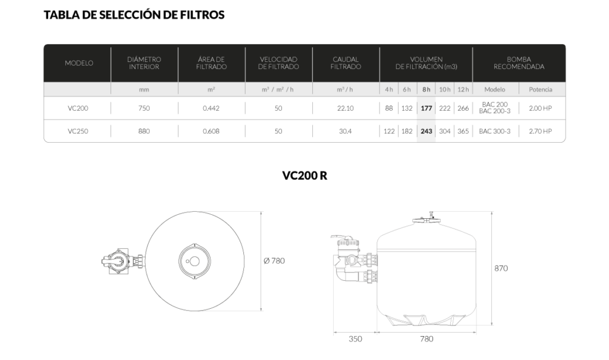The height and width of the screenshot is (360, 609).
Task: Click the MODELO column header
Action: (x=79, y=63)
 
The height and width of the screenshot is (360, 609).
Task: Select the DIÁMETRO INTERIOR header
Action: (x=144, y=63)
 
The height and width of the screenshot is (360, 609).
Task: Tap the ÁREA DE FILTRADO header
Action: (x=211, y=63)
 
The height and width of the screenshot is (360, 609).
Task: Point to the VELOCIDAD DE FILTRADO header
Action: (x=278, y=63)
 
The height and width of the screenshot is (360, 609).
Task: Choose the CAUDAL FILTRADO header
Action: (x=346, y=63)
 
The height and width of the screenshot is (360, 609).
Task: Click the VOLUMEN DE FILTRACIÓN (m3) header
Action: (x=426, y=63)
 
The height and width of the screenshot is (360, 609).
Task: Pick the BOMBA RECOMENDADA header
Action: (x=519, y=63)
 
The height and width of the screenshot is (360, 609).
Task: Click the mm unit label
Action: (x=144, y=90)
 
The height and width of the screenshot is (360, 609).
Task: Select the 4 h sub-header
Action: (x=389, y=90)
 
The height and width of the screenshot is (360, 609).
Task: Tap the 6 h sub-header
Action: (x=407, y=90)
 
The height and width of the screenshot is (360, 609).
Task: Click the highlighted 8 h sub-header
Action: (x=426, y=90)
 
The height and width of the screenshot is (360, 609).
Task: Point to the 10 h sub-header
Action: (x=444, y=90)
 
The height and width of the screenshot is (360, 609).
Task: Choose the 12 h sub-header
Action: (x=463, y=90)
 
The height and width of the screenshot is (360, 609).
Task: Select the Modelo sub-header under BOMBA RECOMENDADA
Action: (x=495, y=90)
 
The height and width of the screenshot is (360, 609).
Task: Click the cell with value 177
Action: (x=426, y=109)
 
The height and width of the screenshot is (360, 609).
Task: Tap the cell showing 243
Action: (x=426, y=131)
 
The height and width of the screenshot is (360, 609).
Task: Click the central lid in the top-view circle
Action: (x=194, y=261)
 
